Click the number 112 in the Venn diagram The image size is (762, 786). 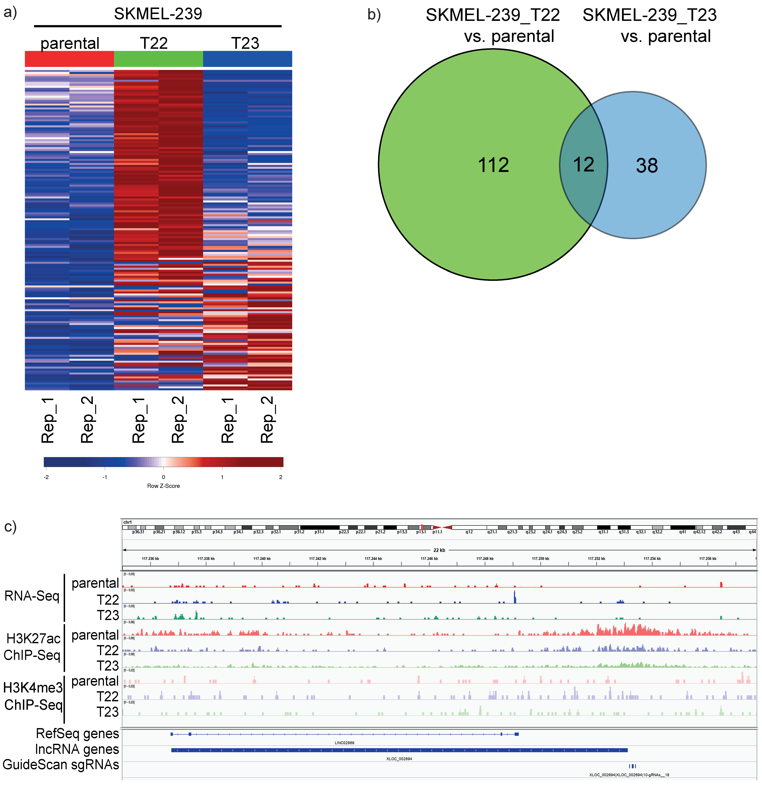click(493, 165)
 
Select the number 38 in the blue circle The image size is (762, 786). click(647, 166)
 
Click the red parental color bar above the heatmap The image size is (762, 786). click(69, 59)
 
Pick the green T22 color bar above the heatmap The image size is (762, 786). click(158, 59)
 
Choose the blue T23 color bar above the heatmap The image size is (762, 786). click(247, 59)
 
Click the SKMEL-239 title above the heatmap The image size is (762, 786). click(158, 14)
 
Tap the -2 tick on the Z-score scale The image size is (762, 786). click(47, 477)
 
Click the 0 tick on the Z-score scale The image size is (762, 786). click(163, 477)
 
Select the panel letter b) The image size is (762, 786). click(374, 15)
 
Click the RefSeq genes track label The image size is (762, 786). click(77, 733)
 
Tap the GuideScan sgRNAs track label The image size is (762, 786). click(61, 765)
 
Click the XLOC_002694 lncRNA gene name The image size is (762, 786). click(399, 759)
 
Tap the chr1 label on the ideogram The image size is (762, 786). click(127, 522)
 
